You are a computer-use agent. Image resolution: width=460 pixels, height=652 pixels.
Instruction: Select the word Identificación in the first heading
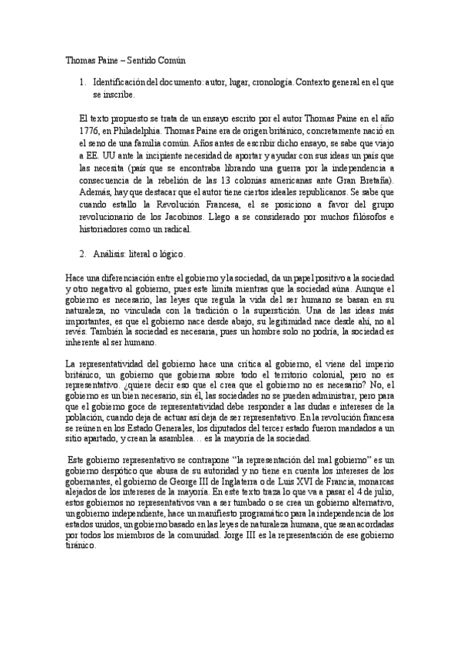point(121,81)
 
